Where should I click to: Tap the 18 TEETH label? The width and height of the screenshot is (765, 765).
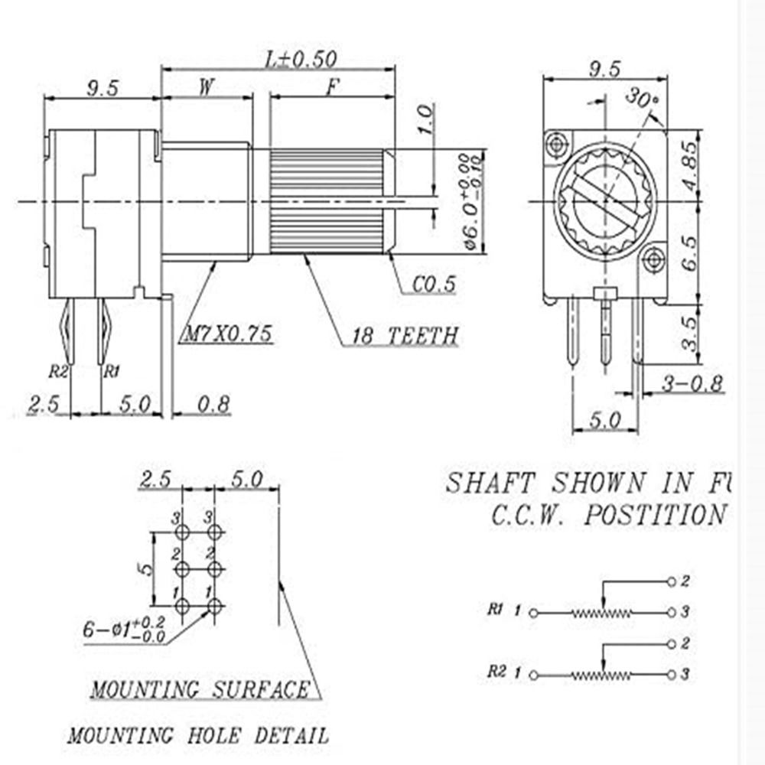(405, 334)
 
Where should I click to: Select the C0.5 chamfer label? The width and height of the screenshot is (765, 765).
(434, 285)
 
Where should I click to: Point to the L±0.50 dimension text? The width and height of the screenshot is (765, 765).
(300, 59)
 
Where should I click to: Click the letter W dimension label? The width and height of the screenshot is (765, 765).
(206, 86)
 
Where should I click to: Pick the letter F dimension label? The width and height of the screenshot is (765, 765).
(332, 86)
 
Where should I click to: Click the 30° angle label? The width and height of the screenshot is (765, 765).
(640, 98)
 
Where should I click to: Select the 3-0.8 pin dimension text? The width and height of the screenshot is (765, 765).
(693, 384)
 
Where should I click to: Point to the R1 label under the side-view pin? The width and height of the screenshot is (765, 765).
(112, 373)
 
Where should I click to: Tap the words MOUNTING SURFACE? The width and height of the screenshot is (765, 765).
(200, 689)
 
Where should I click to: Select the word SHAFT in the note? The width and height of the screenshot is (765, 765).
(490, 483)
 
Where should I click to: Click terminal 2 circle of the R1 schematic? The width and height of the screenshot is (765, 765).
(671, 582)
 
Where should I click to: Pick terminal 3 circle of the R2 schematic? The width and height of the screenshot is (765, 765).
(671, 674)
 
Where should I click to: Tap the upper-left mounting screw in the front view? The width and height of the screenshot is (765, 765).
(556, 143)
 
